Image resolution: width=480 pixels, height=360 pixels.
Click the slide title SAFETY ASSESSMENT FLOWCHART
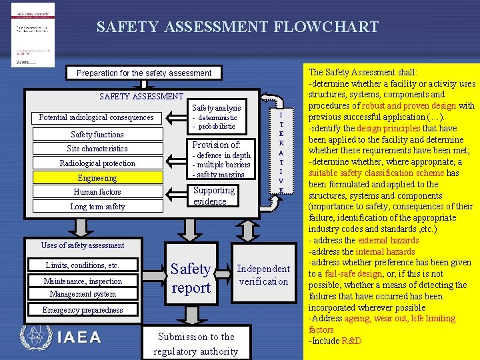pyautogui.click(x=237, y=27)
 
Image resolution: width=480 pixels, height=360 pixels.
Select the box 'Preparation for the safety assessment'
pyautogui.click(x=144, y=73)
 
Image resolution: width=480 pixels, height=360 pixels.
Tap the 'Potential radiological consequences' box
pyautogui.click(x=97, y=118)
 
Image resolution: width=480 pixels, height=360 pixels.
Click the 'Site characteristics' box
pyautogui.click(x=97, y=149)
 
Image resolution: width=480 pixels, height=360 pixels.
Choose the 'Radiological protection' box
pyautogui.click(x=97, y=163)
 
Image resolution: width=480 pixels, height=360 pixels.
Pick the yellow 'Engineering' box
pyautogui.click(x=97, y=178)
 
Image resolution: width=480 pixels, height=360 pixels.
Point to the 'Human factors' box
pyautogui.click(x=97, y=192)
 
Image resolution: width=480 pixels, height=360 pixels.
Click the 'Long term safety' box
pyautogui.click(x=97, y=207)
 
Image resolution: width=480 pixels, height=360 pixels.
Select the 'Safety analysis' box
pyautogui.click(x=217, y=116)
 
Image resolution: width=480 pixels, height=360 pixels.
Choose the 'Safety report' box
pyautogui.click(x=191, y=278)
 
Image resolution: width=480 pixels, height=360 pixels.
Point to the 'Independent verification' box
pyautogui.click(x=263, y=275)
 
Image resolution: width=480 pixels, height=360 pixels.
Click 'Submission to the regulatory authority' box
pyautogui.click(x=195, y=343)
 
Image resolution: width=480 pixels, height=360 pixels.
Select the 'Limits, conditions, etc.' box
pyautogui.click(x=83, y=265)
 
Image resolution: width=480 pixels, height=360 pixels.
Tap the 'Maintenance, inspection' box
pyautogui.click(x=83, y=281)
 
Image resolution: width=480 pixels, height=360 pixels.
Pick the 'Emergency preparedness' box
pyautogui.click(x=83, y=310)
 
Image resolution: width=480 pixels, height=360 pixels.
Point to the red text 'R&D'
pyautogui.click(x=351, y=341)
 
